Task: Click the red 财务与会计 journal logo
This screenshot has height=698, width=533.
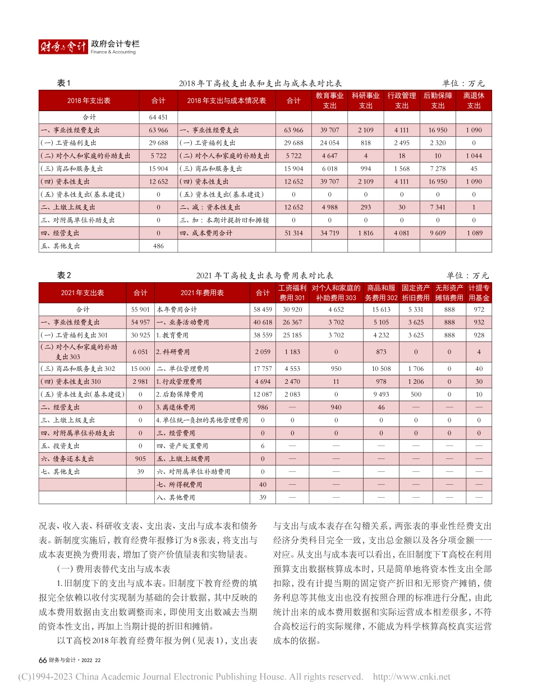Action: [63, 47]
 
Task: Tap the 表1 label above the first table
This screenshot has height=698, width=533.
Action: [65, 84]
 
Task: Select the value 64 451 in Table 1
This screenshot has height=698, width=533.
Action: [158, 117]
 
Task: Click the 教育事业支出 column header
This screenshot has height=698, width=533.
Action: [329, 100]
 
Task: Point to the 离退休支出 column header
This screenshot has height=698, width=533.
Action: [474, 100]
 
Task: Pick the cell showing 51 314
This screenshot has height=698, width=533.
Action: [294, 233]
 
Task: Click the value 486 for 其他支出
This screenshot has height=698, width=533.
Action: [158, 246]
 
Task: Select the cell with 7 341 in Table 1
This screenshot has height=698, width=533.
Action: [438, 207]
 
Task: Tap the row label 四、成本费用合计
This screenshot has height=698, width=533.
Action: [206, 233]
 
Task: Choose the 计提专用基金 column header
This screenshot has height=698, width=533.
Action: [479, 292]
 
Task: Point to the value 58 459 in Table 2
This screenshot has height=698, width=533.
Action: [263, 309]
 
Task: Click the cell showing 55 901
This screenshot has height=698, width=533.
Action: [140, 309]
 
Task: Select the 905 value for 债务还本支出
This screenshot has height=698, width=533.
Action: [140, 458]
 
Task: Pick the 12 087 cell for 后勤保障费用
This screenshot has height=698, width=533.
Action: [263, 394]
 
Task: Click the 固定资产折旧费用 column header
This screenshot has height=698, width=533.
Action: [415, 292]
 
